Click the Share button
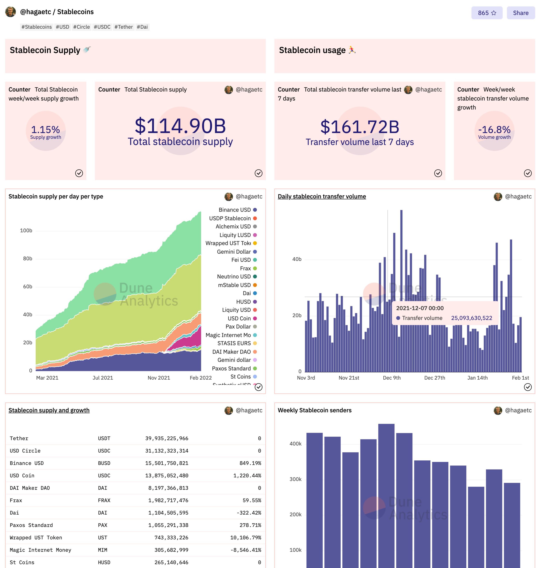(520, 13)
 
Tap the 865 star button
(487, 13)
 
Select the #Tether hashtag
(124, 27)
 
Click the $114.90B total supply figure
(180, 126)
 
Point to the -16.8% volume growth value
(494, 130)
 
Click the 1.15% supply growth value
(45, 130)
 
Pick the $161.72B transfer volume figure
(359, 127)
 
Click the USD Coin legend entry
(239, 318)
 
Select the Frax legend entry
(245, 268)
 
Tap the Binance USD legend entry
(235, 210)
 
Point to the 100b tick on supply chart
(26, 230)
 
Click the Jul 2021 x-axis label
(103, 378)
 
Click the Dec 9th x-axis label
(391, 378)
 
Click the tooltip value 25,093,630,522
(471, 318)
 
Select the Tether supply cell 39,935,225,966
(167, 438)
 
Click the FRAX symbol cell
(104, 500)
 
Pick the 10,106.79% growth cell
(245, 537)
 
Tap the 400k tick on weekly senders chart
(295, 444)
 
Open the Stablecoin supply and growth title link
(49, 410)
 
